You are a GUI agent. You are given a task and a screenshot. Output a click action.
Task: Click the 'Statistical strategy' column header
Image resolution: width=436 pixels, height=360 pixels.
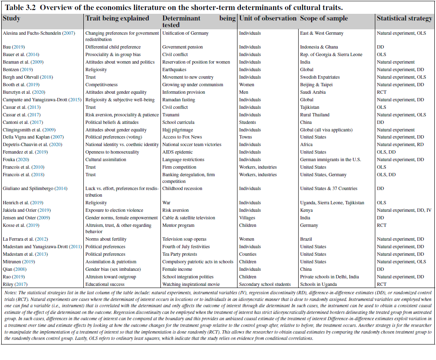tap(404, 18)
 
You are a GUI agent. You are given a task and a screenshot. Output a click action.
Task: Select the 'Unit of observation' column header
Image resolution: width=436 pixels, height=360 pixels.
tap(268, 18)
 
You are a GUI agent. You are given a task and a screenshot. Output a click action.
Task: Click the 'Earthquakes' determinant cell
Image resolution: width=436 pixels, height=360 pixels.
tap(174, 69)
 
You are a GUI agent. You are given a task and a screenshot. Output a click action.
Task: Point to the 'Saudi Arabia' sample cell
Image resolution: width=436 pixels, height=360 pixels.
tap(313, 92)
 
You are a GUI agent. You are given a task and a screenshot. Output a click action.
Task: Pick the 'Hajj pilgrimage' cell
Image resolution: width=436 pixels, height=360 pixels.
tap(178, 130)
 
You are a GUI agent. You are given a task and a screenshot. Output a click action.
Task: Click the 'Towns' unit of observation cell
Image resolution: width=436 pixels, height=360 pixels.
tap(245, 137)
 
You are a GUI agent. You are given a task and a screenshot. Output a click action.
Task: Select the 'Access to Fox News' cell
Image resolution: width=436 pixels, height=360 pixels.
tap(182, 137)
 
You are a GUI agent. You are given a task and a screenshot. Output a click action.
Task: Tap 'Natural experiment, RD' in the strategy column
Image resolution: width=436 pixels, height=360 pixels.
tap(400, 144)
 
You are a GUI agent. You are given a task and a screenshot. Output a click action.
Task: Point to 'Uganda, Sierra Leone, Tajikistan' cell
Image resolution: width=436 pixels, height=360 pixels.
tap(332, 203)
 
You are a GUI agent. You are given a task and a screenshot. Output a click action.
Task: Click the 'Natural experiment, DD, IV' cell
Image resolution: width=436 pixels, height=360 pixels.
tap(404, 210)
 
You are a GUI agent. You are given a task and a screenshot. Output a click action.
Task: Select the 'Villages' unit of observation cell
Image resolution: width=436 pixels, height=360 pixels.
tap(247, 218)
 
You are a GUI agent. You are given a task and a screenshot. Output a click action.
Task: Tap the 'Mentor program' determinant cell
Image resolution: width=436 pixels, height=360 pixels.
tap(178, 225)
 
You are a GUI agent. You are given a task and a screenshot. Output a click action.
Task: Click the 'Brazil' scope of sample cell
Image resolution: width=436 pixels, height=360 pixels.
tap(306, 239)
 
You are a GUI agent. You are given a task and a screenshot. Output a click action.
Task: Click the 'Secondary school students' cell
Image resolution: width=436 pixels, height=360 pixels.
tap(265, 284)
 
